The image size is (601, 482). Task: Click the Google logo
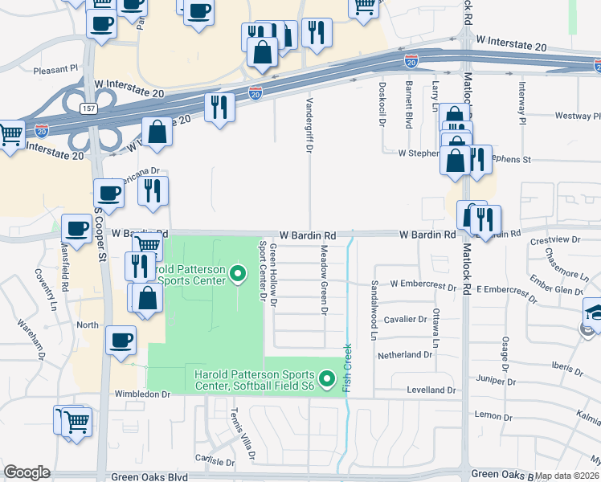[x=27, y=472]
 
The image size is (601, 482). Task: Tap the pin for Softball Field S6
[x=326, y=378]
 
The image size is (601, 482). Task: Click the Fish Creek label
[x=348, y=368]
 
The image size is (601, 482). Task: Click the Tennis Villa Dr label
[x=241, y=432]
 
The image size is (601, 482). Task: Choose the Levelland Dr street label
[x=431, y=390]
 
